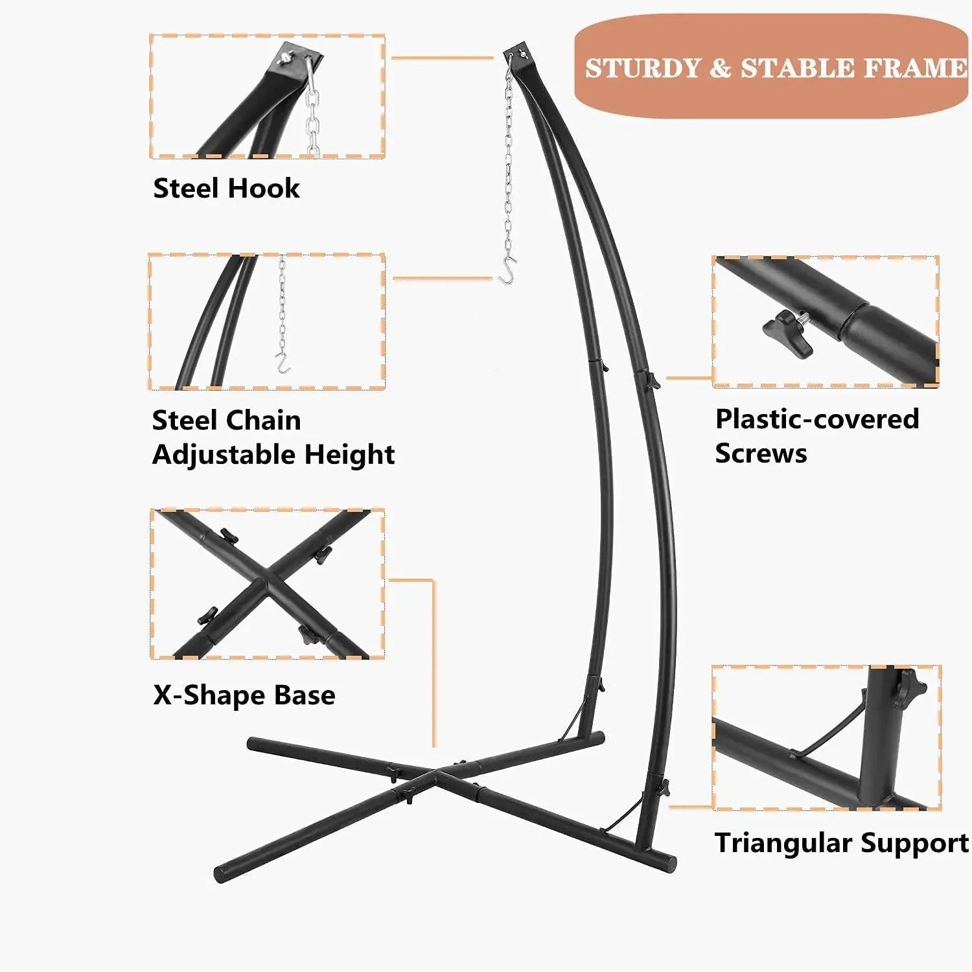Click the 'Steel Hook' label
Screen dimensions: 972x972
coord(226,189)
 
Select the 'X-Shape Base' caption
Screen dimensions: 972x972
coord(244,695)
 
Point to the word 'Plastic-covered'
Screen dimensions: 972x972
coord(816,419)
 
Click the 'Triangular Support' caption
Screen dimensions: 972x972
coord(841,843)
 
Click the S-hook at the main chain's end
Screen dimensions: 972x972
coord(507,270)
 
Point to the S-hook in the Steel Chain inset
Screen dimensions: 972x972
coord(282,364)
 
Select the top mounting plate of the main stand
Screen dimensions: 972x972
coord(520,52)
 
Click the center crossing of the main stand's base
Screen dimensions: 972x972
coord(435,773)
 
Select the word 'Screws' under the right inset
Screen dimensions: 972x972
coord(761,454)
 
